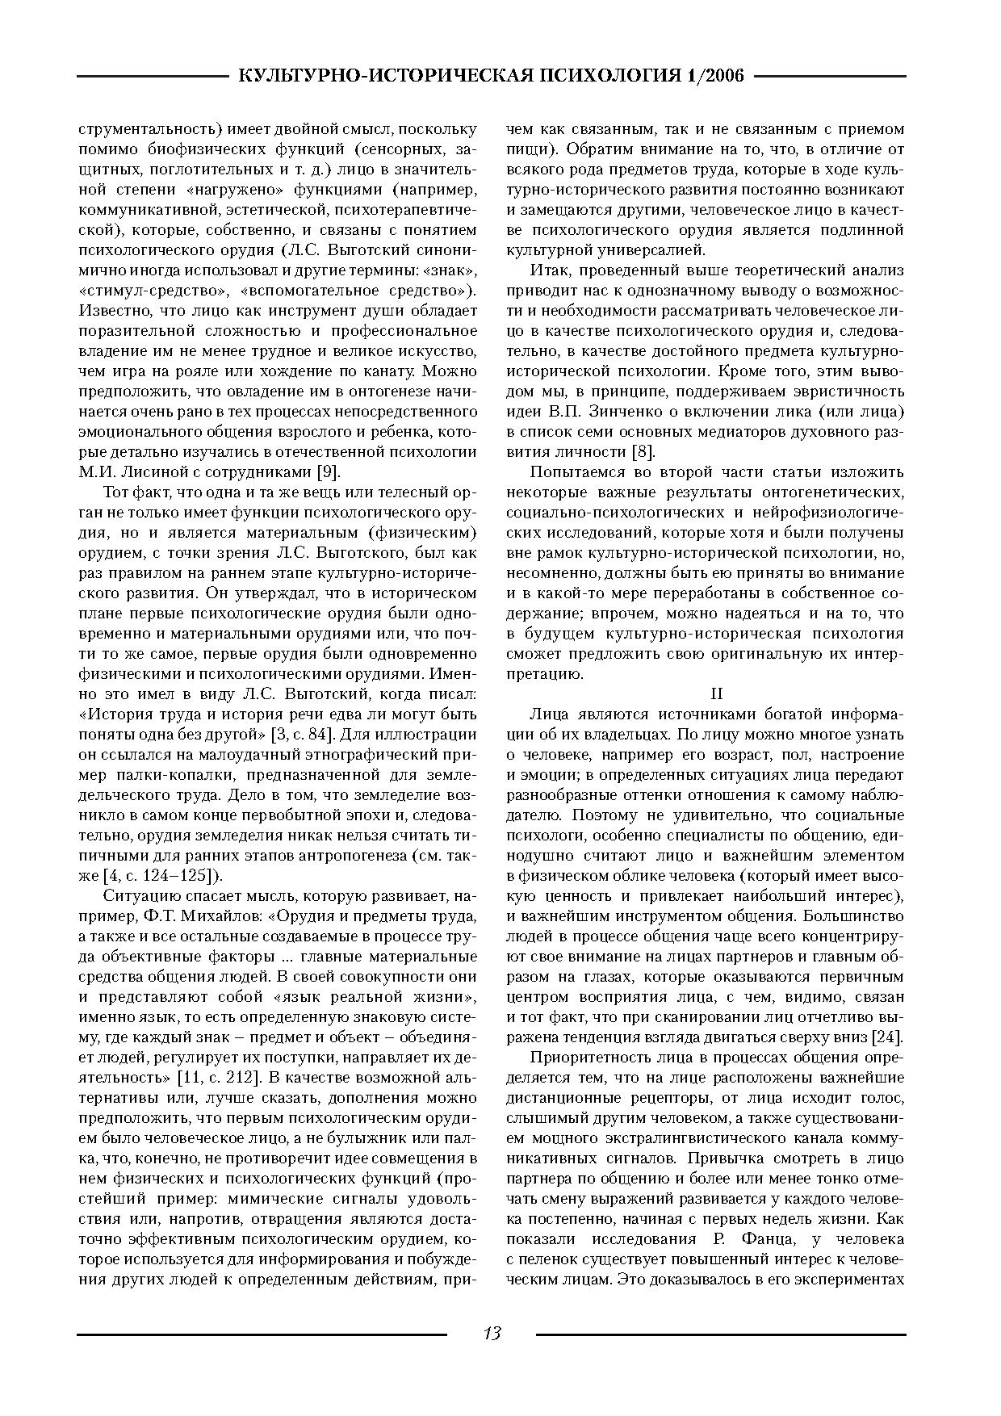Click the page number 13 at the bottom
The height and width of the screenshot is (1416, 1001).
click(492, 1333)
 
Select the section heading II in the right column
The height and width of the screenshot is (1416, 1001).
click(715, 693)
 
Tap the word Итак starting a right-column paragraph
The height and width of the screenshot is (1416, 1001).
click(550, 270)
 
